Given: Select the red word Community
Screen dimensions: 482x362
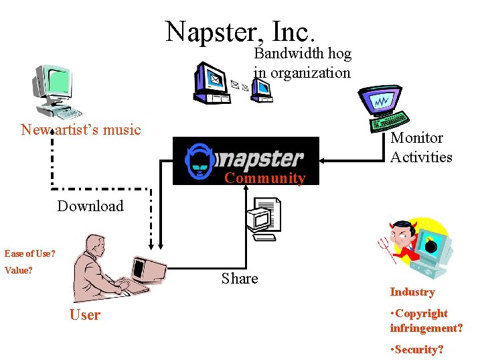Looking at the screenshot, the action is coord(264,178).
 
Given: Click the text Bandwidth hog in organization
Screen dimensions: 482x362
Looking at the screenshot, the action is coord(302,63).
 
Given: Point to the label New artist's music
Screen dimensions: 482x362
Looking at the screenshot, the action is coord(80,129).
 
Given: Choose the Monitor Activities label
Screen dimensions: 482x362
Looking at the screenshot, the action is coord(421,147).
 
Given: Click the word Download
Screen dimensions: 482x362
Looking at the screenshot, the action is coord(90,206).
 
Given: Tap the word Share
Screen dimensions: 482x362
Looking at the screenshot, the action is coord(240,278).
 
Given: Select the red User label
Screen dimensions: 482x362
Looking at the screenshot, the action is coord(85,315).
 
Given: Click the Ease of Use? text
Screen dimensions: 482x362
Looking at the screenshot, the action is coord(29,253).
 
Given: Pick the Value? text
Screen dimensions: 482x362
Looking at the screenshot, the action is coord(18,271).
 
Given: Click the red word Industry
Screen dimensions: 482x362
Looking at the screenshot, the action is coord(412,292).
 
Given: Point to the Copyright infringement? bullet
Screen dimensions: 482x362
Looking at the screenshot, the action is coord(426,320).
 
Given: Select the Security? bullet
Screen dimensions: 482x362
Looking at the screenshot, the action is coord(416,349).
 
